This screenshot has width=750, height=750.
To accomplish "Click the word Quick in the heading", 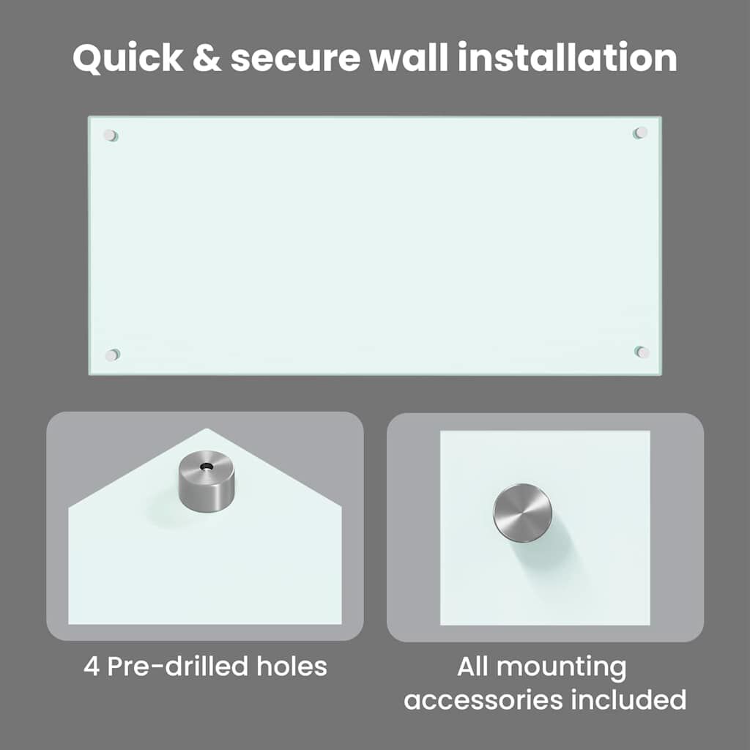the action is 128,59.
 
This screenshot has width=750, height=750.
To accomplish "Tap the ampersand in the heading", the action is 207,58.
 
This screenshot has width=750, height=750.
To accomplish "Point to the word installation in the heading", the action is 568,57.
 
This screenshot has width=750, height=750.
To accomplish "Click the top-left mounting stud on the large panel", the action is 111,135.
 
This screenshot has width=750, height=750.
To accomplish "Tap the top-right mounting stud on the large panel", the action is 640,133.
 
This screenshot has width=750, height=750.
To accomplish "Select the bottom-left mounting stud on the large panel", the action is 112,355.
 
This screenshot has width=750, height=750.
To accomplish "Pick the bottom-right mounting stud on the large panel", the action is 642,352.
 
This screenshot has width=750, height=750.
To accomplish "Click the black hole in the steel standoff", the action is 207,466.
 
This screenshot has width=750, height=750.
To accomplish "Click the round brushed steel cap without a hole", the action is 522,513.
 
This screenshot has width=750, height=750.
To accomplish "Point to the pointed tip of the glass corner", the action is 207,428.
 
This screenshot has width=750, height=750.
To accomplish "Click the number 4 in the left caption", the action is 91,667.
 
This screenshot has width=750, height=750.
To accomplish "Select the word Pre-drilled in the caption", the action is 177,666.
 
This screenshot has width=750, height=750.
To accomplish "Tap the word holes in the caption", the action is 292,666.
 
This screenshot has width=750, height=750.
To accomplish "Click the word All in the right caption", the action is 472,667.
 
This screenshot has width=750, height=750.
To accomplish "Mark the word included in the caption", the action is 628,699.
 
